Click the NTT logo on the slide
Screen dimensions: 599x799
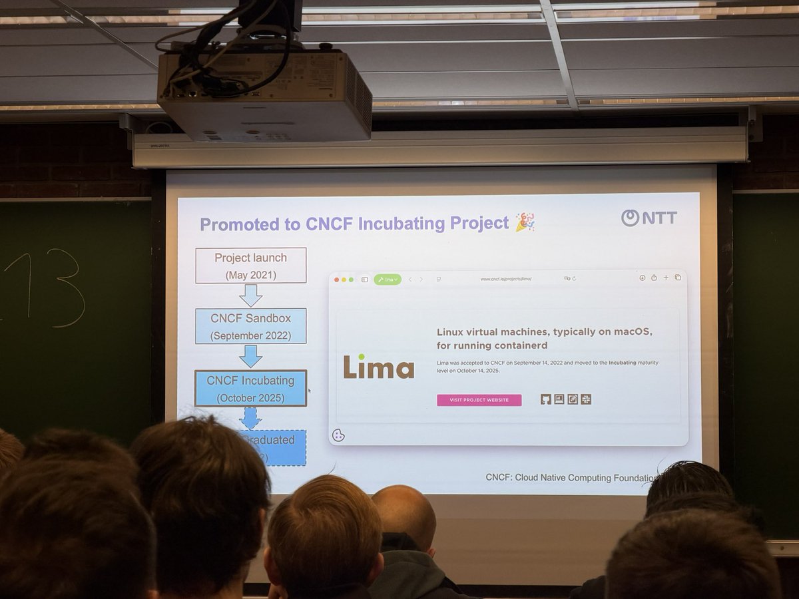coord(649,218)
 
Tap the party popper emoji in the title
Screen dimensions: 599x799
coord(525,222)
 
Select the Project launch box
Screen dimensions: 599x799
coord(250,266)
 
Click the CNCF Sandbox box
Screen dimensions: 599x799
coord(250,326)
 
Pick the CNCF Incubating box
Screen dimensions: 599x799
coord(250,389)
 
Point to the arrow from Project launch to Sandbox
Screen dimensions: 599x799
coord(250,296)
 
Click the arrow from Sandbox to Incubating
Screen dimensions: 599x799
coord(250,356)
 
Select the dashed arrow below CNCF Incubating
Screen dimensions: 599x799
coord(250,418)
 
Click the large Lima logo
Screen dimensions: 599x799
coord(378,367)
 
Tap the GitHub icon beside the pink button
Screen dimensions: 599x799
coord(546,399)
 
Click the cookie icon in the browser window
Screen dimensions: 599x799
coord(338,435)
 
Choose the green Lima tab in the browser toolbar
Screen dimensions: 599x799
coord(388,280)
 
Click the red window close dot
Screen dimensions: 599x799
coord(337,280)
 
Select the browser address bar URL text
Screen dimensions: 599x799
coord(505,279)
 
